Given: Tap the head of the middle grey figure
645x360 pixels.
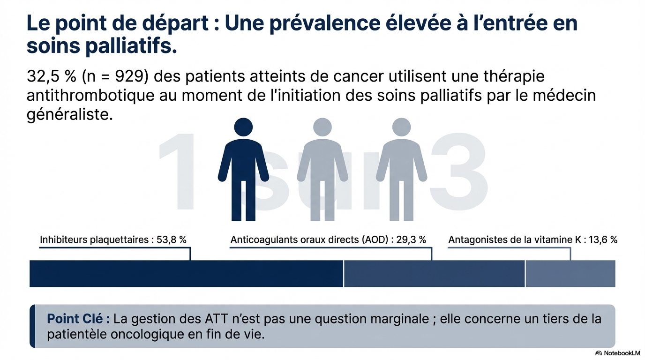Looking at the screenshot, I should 322,127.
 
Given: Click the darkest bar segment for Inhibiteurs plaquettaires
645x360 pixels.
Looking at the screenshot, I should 186,273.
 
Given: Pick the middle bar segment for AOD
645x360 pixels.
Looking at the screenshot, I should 434,273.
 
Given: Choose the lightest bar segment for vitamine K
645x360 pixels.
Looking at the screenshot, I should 570,273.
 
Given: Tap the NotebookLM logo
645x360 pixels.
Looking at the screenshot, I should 617,353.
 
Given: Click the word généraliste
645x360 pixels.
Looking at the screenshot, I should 70,114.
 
